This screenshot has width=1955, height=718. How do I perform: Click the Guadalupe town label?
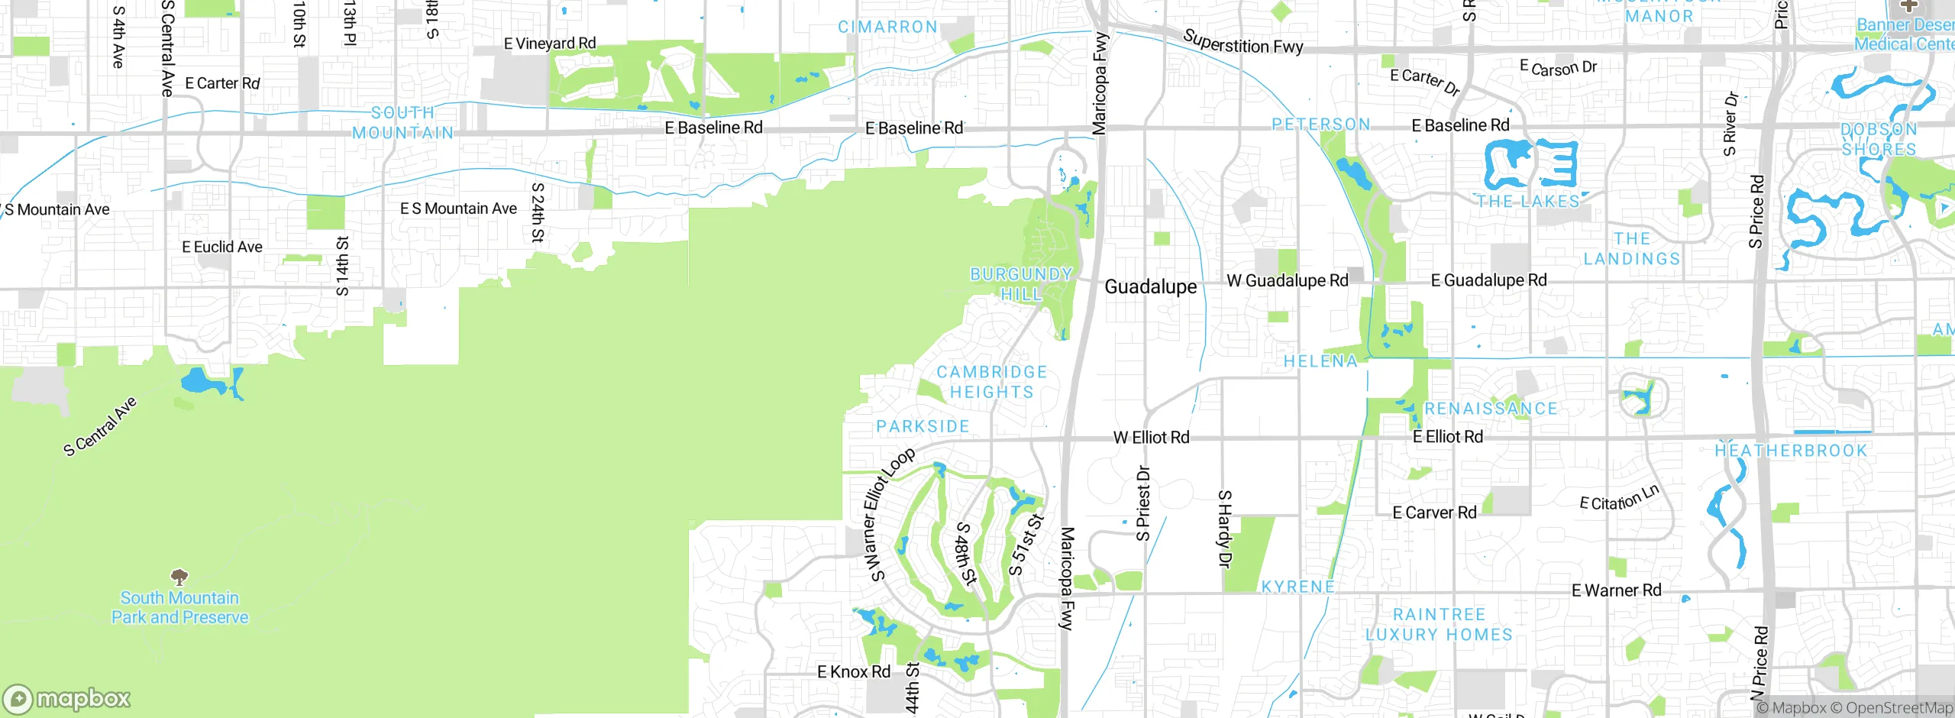coord(1151,287)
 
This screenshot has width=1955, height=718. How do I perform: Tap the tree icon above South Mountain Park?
coord(179,577)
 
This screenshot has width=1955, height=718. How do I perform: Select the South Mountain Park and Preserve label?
coord(180,608)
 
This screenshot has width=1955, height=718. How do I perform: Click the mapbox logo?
coord(67,698)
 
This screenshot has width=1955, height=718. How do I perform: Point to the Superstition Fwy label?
coord(1243,43)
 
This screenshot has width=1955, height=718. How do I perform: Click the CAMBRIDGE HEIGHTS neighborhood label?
coord(991,382)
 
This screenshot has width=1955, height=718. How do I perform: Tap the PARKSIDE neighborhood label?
coord(923,426)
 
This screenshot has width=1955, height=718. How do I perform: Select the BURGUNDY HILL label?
coord(1021,284)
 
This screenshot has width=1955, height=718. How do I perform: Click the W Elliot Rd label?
coord(1151,438)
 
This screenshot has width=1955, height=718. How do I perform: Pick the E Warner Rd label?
coord(1616,590)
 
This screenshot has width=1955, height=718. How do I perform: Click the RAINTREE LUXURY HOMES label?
coord(1439,625)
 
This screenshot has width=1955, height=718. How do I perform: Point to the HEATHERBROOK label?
coord(1791,451)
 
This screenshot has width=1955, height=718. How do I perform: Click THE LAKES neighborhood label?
coord(1527,202)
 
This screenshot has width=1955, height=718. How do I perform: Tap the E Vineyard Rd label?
coord(550,44)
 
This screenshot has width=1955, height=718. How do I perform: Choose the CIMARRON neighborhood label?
coord(887,27)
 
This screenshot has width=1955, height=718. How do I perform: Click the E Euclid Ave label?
coord(222,247)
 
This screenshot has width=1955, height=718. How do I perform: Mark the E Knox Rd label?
coord(854,672)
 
